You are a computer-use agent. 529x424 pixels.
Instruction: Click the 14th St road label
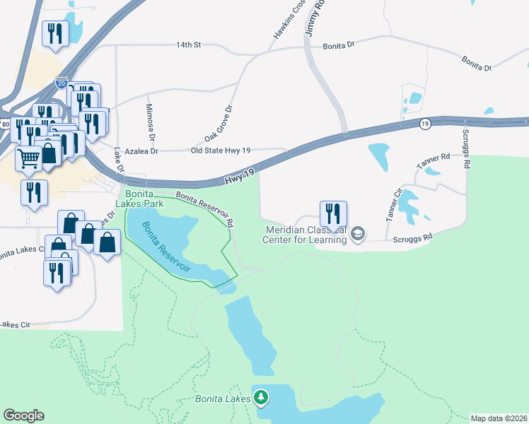[189, 45]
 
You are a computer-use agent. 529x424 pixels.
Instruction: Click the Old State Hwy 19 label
[222, 150]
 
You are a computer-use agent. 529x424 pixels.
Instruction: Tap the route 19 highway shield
[424, 124]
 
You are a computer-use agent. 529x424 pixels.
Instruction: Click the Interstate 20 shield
[62, 83]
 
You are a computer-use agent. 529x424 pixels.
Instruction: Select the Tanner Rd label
[433, 161]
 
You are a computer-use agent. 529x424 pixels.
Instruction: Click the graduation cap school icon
[359, 234]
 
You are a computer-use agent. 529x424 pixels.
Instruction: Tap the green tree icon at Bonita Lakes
[261, 399]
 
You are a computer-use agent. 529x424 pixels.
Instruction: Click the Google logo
[23, 416]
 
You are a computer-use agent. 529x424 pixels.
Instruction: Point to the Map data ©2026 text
[499, 418]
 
